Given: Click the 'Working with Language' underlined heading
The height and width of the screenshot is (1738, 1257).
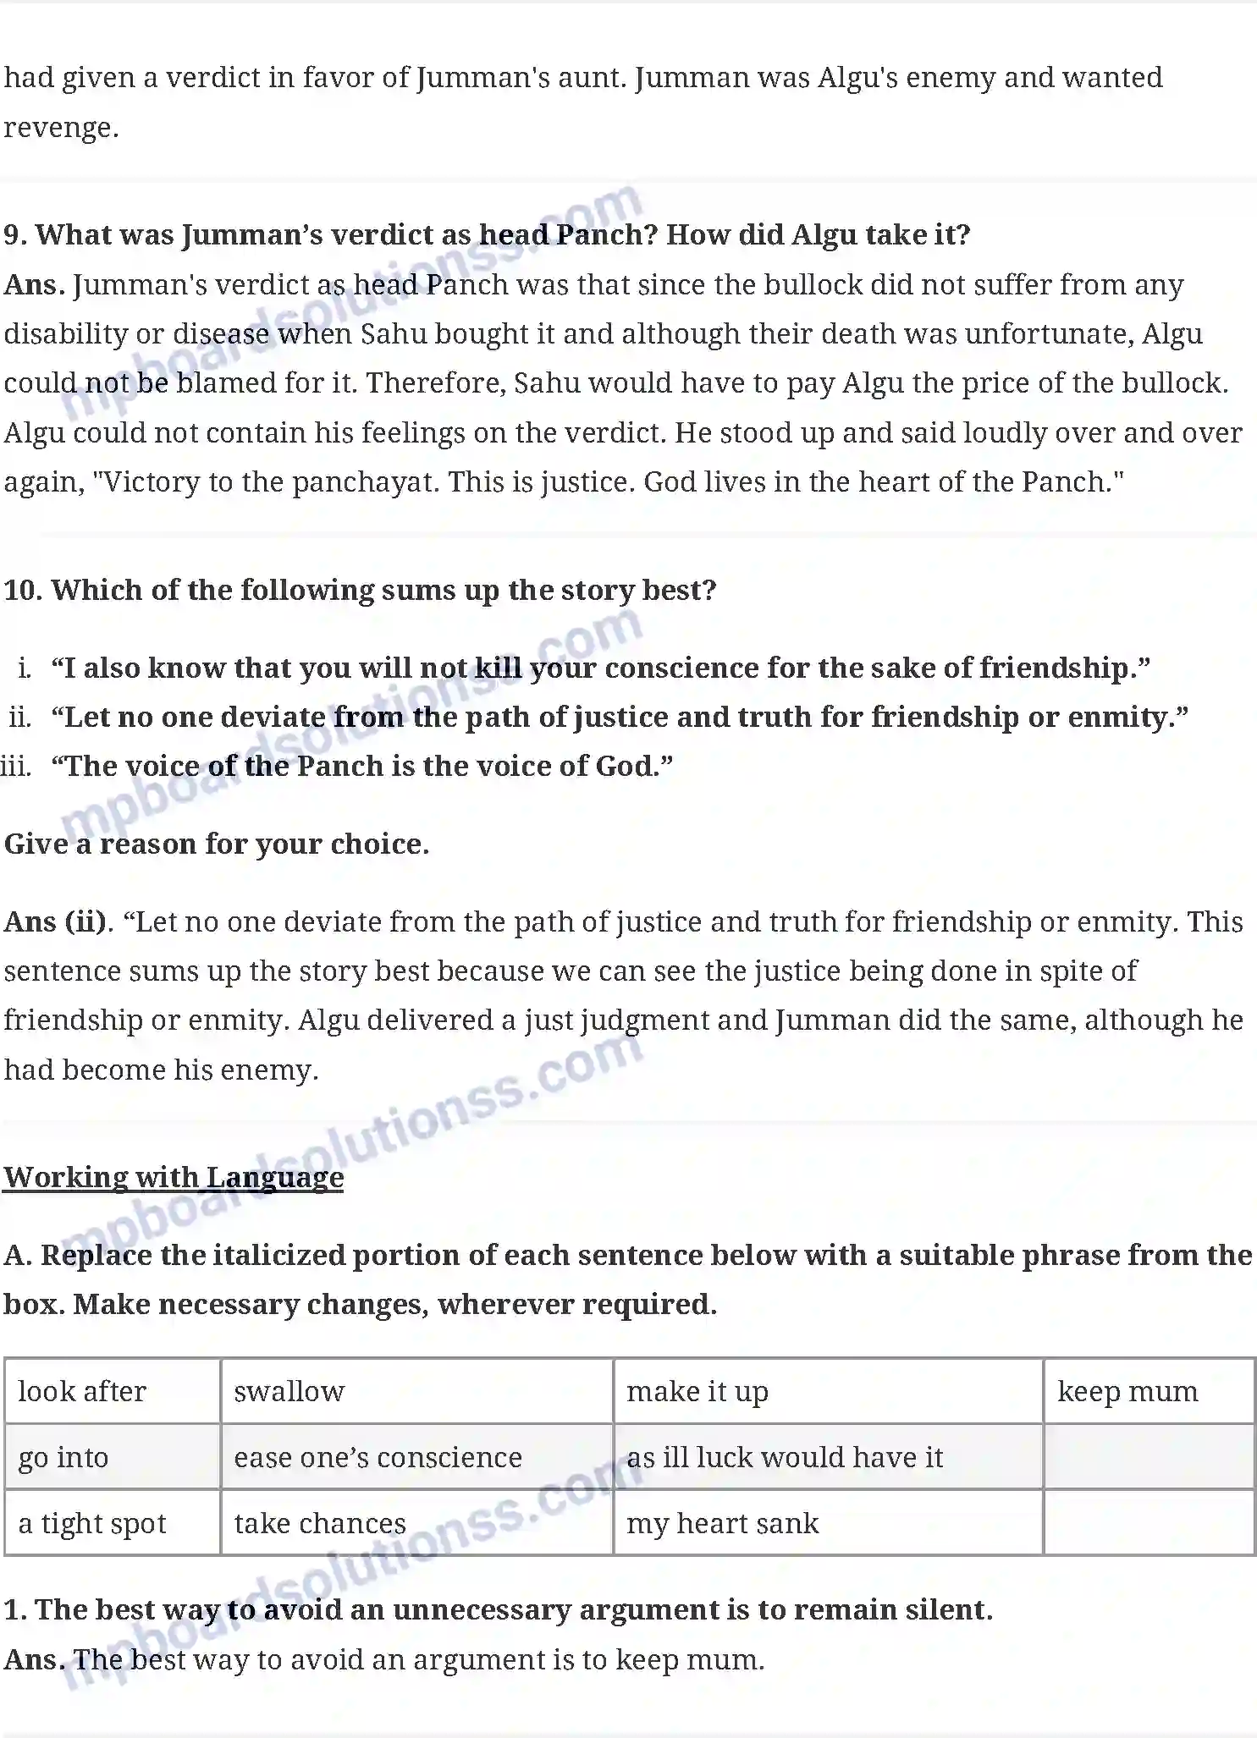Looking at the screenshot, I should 174,1177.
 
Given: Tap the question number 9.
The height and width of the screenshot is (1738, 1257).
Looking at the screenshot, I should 14,234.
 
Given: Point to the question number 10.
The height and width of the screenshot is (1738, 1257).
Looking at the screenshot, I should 23,590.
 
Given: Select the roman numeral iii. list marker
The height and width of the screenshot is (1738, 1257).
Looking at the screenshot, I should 17,766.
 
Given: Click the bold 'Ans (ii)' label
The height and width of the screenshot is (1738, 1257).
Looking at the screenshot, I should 57,921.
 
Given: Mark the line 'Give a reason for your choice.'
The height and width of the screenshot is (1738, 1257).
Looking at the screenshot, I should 217,844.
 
